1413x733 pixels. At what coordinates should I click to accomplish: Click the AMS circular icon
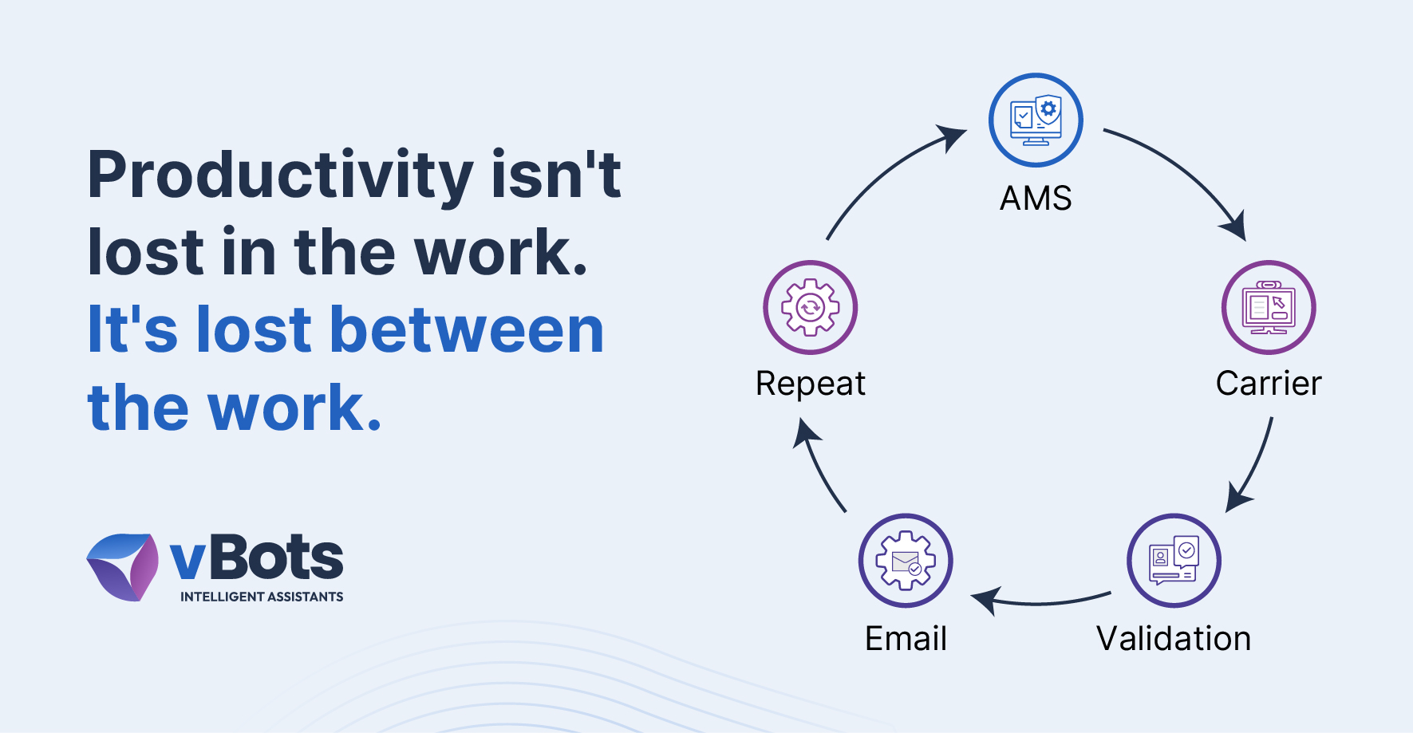[x=1036, y=120]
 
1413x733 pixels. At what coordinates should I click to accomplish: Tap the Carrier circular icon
[x=1269, y=307]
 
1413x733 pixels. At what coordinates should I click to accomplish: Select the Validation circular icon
[x=1174, y=561]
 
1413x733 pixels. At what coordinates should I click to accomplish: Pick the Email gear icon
[x=906, y=561]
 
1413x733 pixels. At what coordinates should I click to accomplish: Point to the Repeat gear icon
[x=811, y=307]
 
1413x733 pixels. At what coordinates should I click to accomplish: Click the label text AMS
[x=1036, y=198]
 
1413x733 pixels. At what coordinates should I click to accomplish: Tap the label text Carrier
[x=1269, y=384]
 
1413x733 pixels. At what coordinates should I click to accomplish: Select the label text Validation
[x=1174, y=638]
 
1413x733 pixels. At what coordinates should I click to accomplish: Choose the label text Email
[x=906, y=638]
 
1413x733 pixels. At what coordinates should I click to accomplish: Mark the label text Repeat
[x=811, y=384]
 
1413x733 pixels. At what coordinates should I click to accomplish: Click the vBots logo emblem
[x=123, y=567]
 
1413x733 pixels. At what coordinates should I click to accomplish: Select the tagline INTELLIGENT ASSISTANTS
[x=262, y=597]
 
